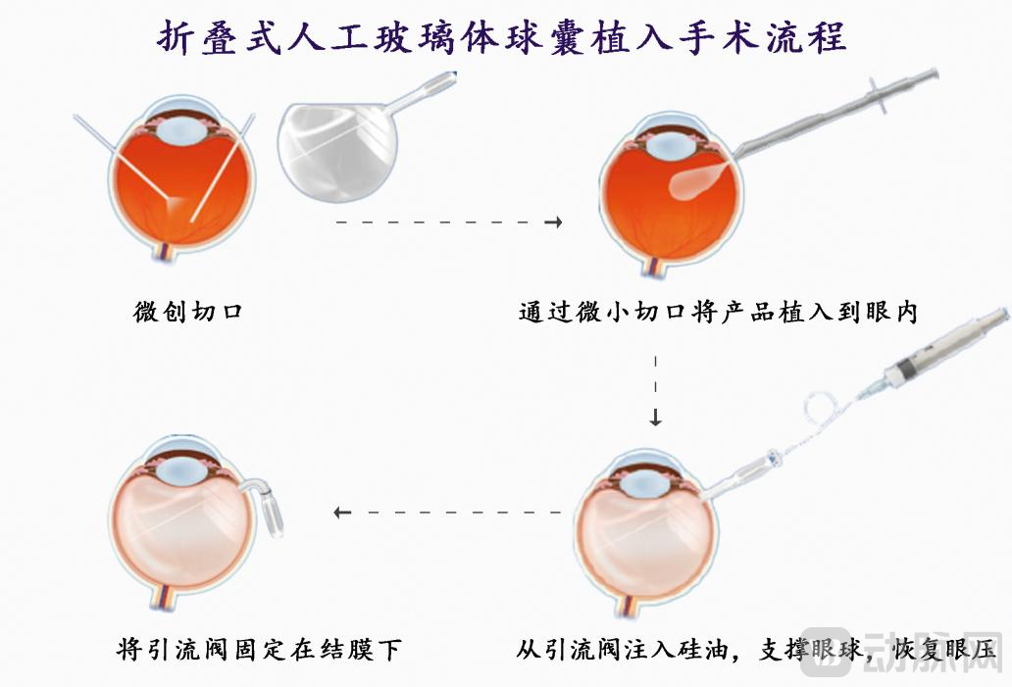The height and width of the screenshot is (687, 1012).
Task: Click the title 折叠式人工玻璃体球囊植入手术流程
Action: [502, 39]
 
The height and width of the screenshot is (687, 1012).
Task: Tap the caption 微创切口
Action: [188, 314]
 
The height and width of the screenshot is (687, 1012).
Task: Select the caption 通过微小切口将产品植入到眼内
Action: [717, 314]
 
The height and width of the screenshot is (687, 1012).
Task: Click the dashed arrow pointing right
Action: [449, 223]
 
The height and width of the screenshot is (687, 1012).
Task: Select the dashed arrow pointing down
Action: [655, 390]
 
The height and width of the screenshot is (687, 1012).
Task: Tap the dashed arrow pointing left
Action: [448, 512]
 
